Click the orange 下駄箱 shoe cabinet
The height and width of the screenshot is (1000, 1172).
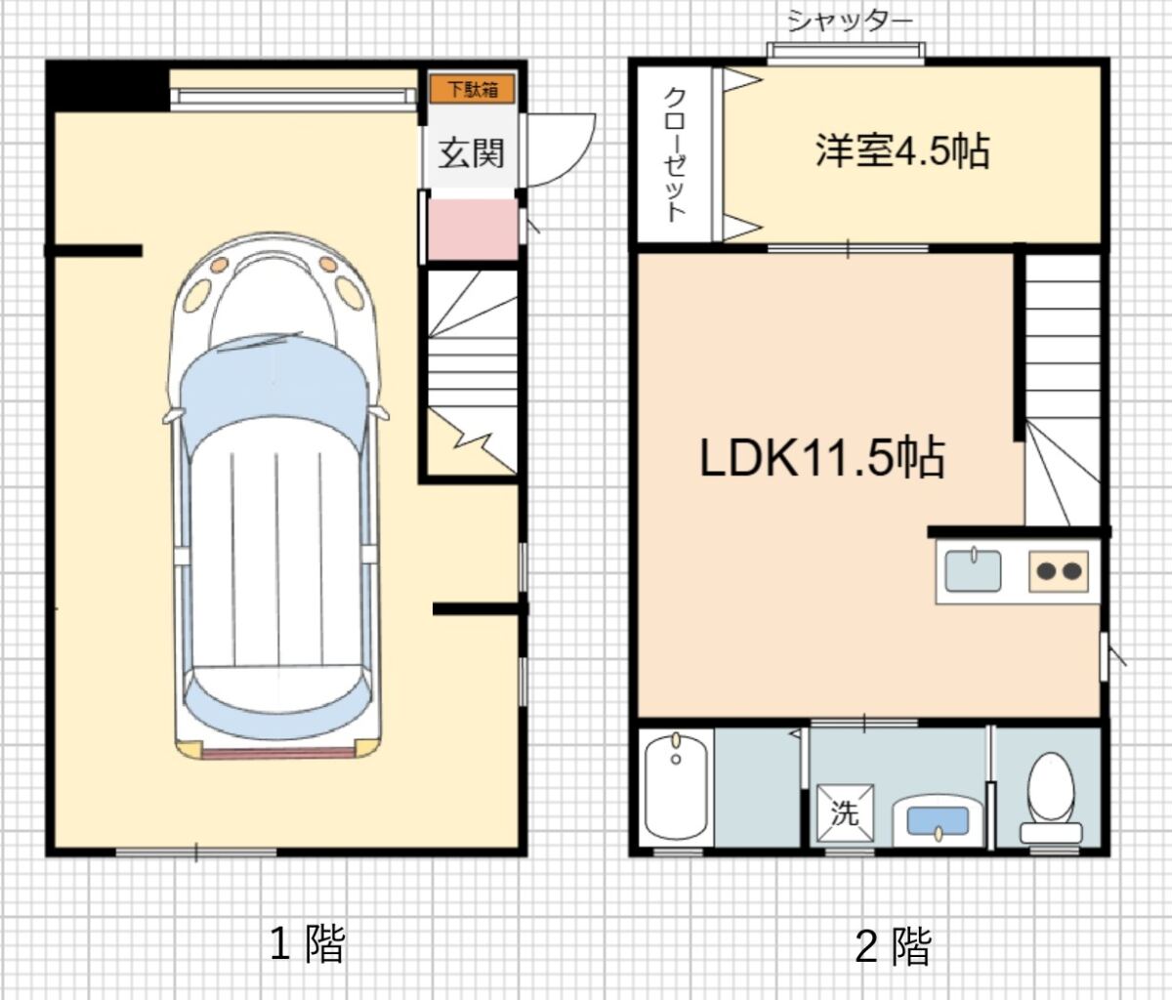(472, 89)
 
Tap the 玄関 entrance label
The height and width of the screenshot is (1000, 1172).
(471, 153)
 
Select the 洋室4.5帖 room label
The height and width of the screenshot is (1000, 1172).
(902, 150)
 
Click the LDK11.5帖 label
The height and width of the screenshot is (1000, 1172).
(822, 458)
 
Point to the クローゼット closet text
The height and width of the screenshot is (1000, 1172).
(675, 154)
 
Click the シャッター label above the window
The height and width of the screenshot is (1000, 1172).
(850, 21)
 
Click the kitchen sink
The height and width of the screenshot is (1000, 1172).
(973, 569)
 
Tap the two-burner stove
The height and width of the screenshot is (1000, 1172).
(1059, 571)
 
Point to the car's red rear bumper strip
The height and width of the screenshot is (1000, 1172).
(277, 753)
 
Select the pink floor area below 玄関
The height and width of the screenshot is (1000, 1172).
(472, 229)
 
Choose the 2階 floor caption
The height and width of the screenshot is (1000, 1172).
(893, 943)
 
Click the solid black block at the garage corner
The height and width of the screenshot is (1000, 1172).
(107, 86)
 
